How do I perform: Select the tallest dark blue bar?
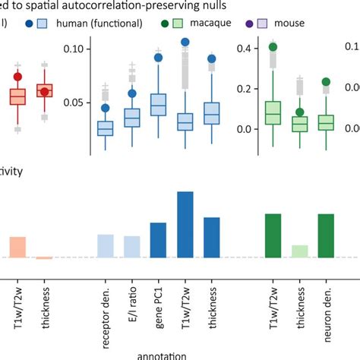(x=185, y=224)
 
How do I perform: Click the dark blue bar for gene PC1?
(x=158, y=240)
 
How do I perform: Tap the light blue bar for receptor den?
(x=106, y=245)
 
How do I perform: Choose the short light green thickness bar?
(x=300, y=251)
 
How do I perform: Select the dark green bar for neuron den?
(x=326, y=235)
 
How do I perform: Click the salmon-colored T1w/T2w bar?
(x=18, y=247)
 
